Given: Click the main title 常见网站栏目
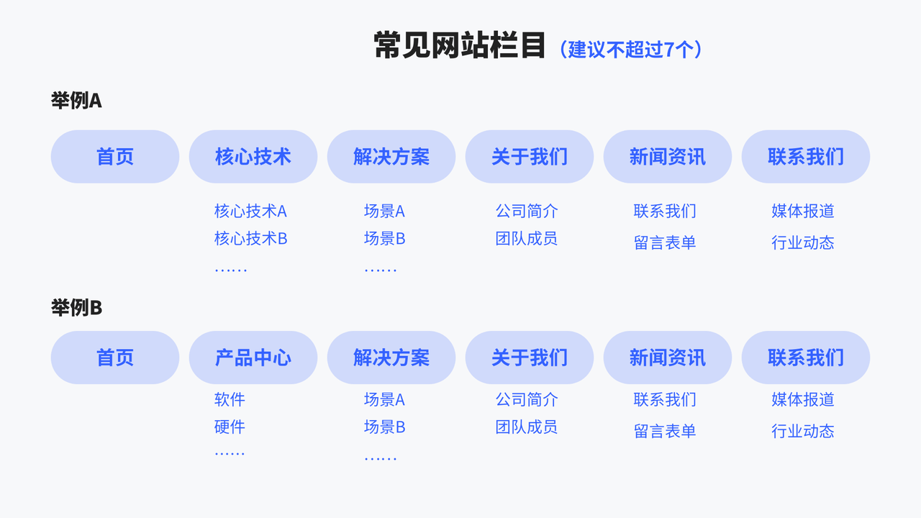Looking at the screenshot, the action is (459, 45).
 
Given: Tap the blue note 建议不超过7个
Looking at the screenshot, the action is (630, 49).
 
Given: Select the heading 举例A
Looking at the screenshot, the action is (76, 101).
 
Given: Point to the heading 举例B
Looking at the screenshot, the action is (76, 308).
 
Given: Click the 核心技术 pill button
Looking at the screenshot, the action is (253, 157).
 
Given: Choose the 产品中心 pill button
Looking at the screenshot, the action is (253, 358).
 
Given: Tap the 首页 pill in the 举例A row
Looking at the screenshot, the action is (115, 157).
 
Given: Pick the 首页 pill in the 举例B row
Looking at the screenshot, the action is (115, 358).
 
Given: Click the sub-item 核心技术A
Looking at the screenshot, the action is (250, 212).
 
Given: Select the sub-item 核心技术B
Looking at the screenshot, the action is (250, 239).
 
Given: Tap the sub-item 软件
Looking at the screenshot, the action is (230, 399).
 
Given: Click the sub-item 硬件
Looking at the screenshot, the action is (230, 427).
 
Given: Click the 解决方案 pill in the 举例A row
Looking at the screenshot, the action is (391, 157).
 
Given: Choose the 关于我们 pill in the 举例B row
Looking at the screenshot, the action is (530, 358).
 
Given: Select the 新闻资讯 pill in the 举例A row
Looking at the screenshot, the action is (668, 157).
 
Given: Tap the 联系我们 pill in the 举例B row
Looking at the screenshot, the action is (806, 358).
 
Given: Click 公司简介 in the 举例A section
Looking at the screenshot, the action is (527, 212).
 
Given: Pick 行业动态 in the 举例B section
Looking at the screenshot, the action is (803, 432).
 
